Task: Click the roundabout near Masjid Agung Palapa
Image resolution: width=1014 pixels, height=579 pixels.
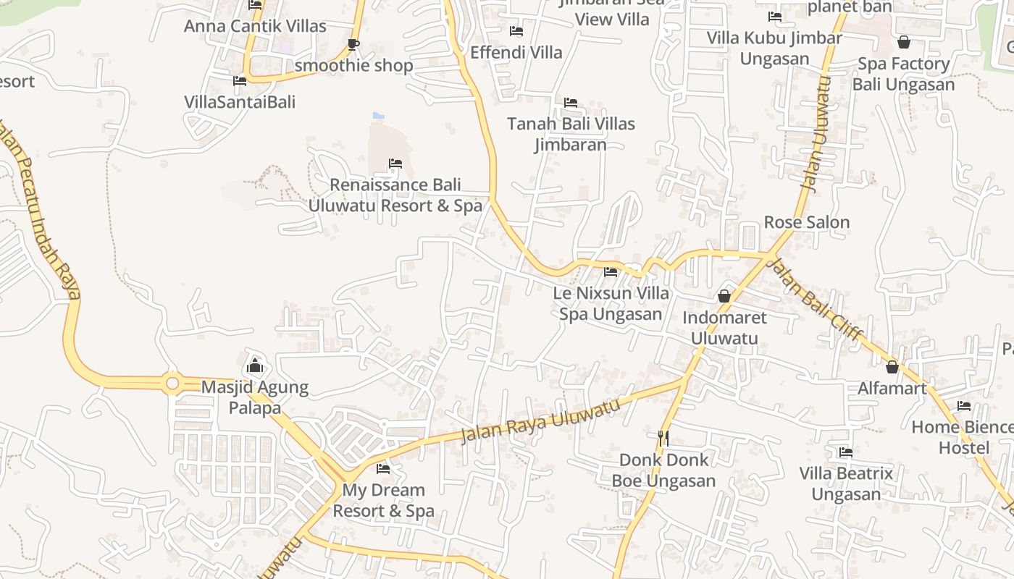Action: pos(172,383)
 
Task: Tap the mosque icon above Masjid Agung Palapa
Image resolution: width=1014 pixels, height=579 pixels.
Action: pos(254,365)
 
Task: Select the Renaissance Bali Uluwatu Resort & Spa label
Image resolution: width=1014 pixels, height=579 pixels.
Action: pos(395,195)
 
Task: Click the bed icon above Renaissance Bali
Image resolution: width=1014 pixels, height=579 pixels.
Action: pos(395,164)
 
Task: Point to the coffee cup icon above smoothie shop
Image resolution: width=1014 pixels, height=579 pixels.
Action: pos(353,44)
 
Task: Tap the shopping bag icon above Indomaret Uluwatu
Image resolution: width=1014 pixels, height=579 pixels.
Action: pos(724,296)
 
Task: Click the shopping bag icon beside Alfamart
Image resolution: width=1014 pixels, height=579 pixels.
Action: pos(892,368)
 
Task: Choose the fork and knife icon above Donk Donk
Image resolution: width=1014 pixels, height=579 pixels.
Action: pos(663,438)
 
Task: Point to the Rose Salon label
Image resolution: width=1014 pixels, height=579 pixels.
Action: pos(807,222)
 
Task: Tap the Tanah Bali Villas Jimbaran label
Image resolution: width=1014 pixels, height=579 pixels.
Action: pos(571,134)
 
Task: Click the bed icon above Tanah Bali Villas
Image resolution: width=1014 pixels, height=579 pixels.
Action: pos(571,103)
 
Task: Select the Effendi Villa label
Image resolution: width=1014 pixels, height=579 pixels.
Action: pos(516,52)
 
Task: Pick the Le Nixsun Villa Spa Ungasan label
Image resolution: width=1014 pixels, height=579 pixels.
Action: pos(611,304)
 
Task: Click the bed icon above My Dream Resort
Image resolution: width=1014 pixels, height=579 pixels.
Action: pos(383,469)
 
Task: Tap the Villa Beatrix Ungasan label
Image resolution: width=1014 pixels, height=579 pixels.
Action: pos(846,483)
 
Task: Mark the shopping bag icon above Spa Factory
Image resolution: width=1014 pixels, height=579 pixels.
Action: pos(903,42)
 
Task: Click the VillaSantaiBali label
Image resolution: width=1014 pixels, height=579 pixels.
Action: pos(240,101)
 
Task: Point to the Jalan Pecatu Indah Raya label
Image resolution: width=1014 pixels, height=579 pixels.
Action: pos(40,217)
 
